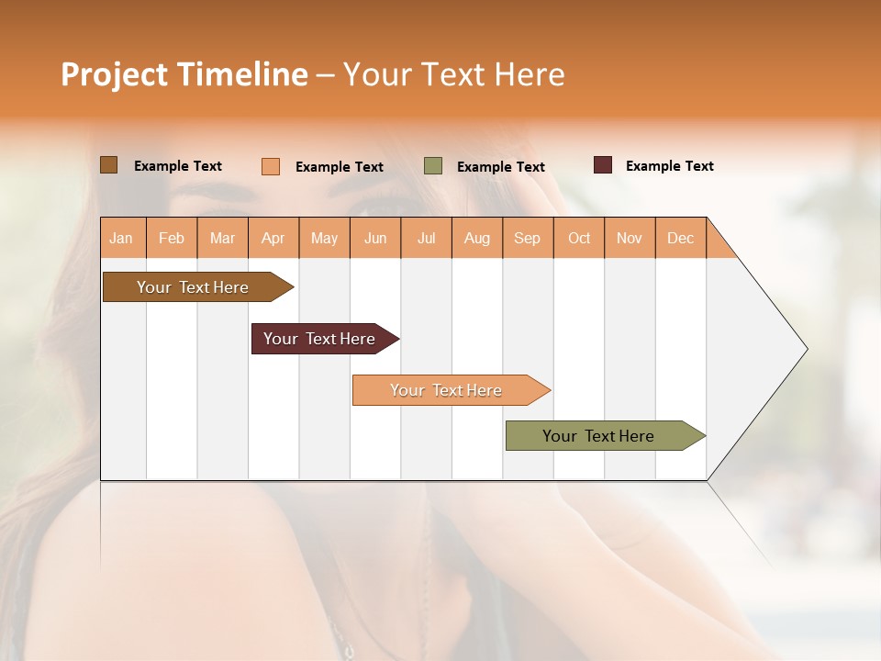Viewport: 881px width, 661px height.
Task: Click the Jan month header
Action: [x=122, y=238]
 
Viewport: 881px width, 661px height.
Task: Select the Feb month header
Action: [x=172, y=238]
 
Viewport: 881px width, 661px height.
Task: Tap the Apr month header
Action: [x=273, y=238]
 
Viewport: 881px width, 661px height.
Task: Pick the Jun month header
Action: [x=375, y=238]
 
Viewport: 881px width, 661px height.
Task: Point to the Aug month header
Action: [x=477, y=238]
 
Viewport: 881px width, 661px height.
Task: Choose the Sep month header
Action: [x=528, y=238]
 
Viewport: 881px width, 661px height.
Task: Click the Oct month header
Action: [x=579, y=238]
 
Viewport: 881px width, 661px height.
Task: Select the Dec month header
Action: [x=681, y=238]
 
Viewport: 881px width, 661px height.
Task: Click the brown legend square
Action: [x=109, y=165]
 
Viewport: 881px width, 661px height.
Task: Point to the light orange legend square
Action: [x=271, y=166]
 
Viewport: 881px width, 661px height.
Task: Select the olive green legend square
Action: [x=433, y=166]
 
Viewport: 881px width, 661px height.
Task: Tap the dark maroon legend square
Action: [x=603, y=165]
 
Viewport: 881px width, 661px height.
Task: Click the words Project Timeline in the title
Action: [x=184, y=74]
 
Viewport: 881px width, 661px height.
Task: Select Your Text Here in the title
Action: [x=453, y=74]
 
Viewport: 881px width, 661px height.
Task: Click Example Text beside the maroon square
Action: [x=669, y=166]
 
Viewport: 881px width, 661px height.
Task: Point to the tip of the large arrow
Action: [x=805, y=349]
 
